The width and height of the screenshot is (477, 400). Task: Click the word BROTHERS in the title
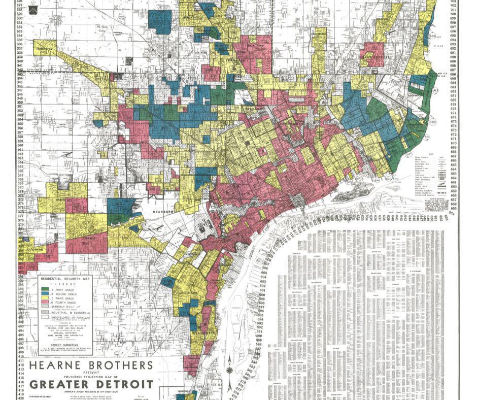[x=119, y=366]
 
